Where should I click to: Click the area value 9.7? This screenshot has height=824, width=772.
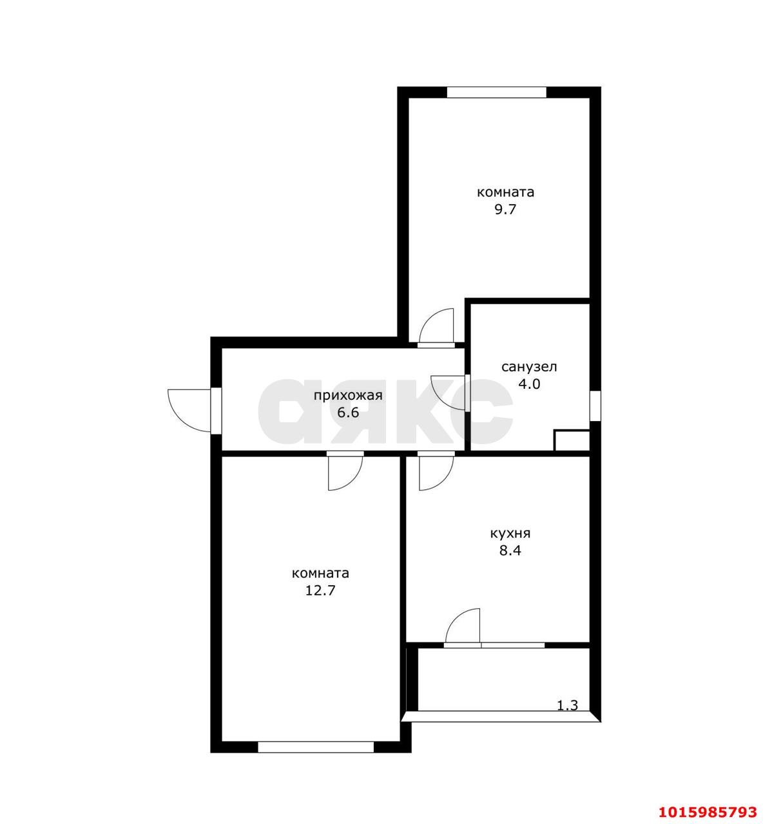tap(505, 209)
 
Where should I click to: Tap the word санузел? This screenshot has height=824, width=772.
tap(529, 367)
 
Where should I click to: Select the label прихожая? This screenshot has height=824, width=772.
tap(348, 395)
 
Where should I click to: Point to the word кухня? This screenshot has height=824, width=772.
tap(510, 533)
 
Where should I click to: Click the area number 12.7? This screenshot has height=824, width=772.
tap(320, 590)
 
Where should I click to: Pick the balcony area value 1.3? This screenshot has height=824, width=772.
tap(567, 705)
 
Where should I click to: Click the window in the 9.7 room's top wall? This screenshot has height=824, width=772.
tap(496, 92)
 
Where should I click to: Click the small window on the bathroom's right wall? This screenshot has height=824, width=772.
tap(595, 406)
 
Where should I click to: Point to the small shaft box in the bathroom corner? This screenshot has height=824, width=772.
tap(572, 440)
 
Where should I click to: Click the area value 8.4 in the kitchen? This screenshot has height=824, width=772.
tap(510, 550)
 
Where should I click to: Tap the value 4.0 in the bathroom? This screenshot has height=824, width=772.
tap(529, 384)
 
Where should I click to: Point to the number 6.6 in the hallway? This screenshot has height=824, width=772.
tap(348, 413)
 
